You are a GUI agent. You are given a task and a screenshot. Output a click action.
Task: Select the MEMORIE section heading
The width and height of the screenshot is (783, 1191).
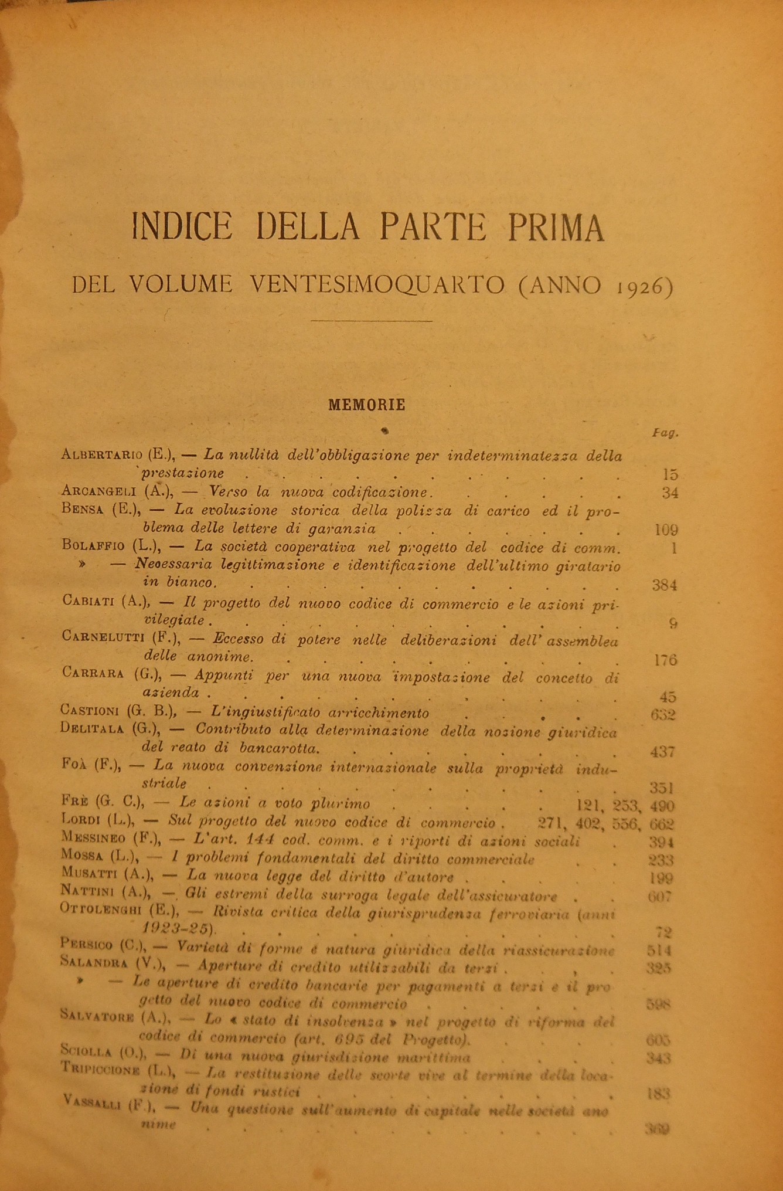pos(367,404)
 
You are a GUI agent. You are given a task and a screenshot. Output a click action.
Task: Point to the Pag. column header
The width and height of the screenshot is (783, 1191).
pos(665,433)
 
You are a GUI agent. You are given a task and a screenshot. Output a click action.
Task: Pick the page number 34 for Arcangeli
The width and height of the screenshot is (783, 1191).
pos(669,493)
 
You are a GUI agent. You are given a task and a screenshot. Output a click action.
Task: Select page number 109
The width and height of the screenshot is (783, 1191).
pos(665,530)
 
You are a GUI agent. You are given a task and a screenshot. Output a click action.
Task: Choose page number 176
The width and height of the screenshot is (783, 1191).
pos(665,660)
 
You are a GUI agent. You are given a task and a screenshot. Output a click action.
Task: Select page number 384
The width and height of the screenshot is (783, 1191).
pos(664,585)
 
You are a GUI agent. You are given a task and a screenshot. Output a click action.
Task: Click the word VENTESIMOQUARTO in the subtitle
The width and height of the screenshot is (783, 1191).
pos(377,284)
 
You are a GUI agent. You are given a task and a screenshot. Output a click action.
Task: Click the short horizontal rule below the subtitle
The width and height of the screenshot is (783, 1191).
pos(372,320)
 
